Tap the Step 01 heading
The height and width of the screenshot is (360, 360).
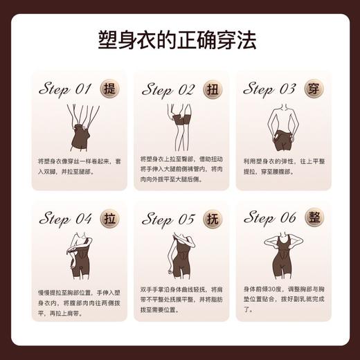(65, 89)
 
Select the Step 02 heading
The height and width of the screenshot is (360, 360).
(168, 90)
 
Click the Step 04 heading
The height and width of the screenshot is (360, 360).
(65, 219)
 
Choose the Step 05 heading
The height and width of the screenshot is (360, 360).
(168, 219)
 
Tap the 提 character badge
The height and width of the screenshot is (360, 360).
(109, 89)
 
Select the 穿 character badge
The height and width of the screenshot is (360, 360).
(312, 89)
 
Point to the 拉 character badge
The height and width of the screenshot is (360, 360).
(109, 219)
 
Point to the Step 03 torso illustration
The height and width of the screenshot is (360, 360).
(283, 127)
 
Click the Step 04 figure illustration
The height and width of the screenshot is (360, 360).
(78, 257)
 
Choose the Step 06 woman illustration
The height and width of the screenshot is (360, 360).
(283, 253)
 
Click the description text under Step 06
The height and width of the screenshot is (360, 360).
(283, 302)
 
